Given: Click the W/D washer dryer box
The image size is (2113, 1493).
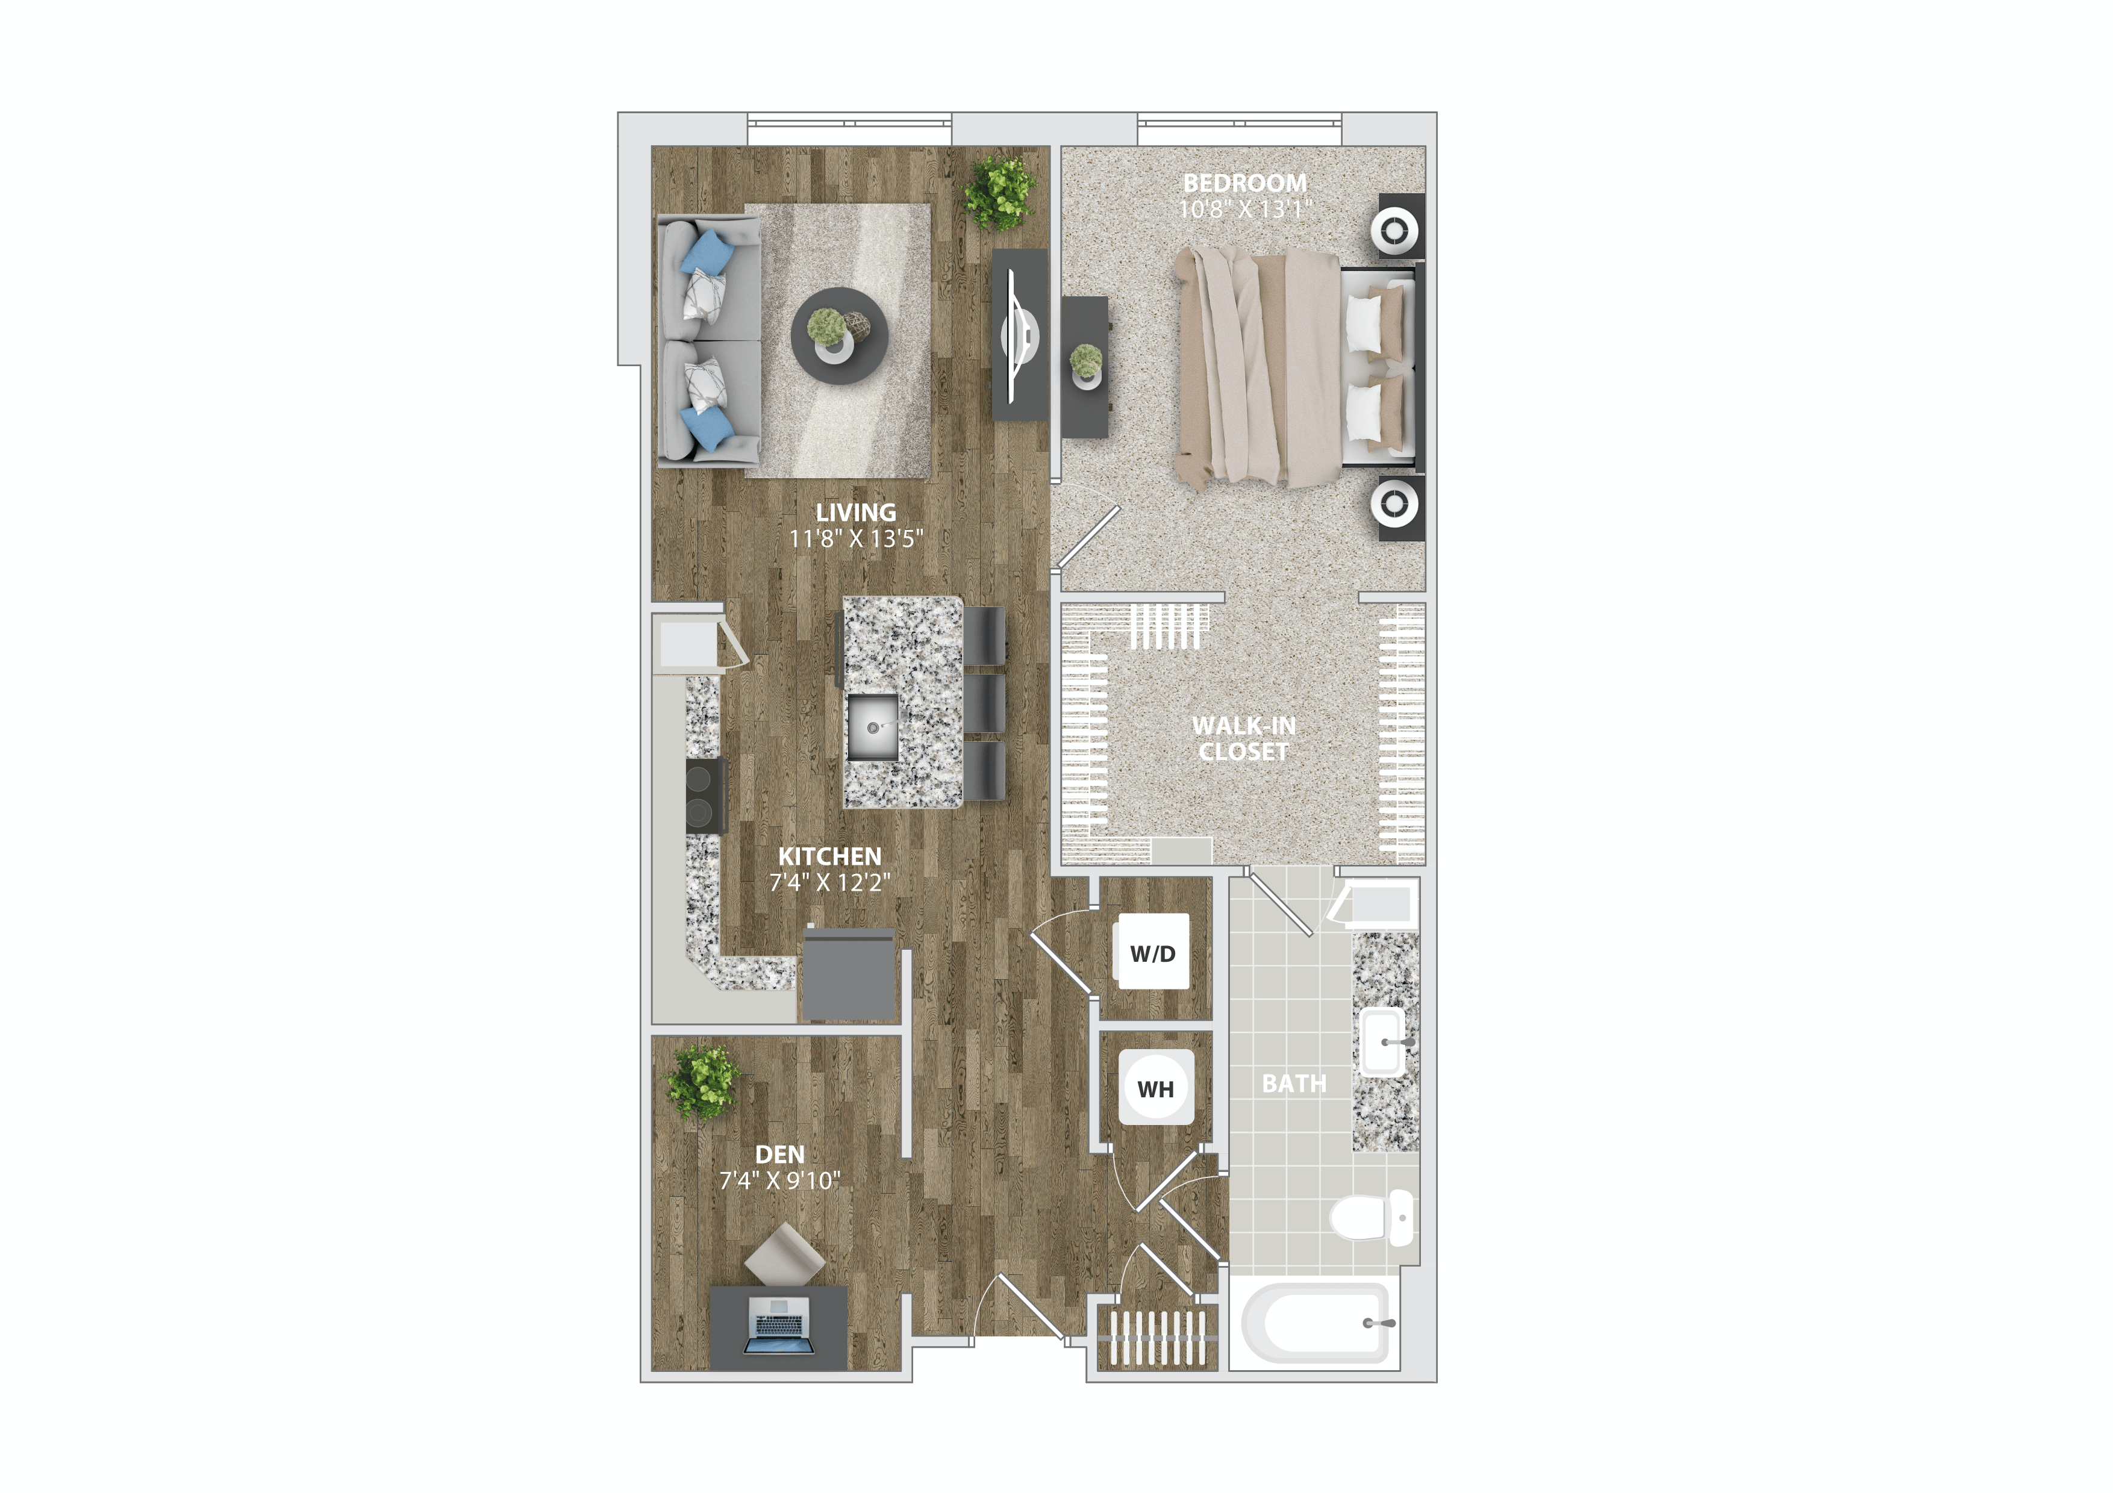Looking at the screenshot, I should click(1152, 952).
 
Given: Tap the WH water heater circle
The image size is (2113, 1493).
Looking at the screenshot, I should click(1156, 1088).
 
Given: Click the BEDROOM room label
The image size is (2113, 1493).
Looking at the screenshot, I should click(1244, 183).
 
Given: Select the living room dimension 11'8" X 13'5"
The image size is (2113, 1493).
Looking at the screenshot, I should click(856, 539).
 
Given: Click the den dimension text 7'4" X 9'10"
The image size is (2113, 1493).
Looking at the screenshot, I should click(779, 1180).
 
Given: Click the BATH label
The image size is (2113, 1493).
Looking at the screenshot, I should click(1294, 1083).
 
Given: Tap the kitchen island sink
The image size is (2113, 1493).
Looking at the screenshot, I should click(872, 727).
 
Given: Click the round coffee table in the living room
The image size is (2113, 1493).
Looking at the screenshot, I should click(838, 336).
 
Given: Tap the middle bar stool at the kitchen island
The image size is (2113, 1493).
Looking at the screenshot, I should click(985, 703).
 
